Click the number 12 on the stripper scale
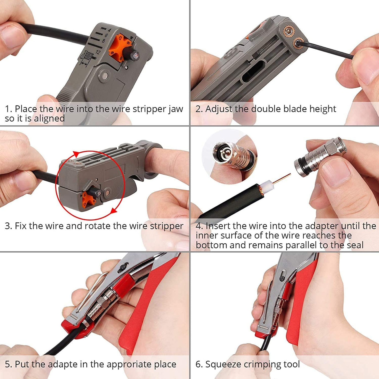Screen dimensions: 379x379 98,52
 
